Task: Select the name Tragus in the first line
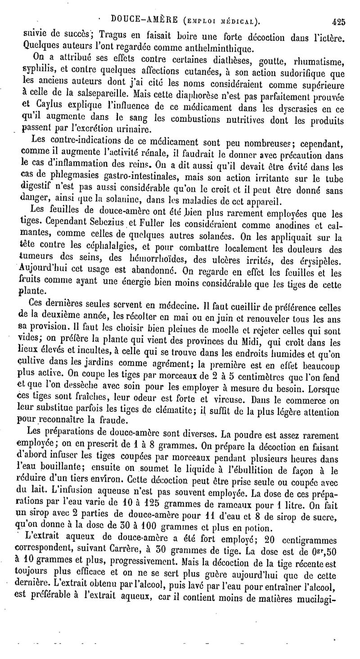pos(113,35)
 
